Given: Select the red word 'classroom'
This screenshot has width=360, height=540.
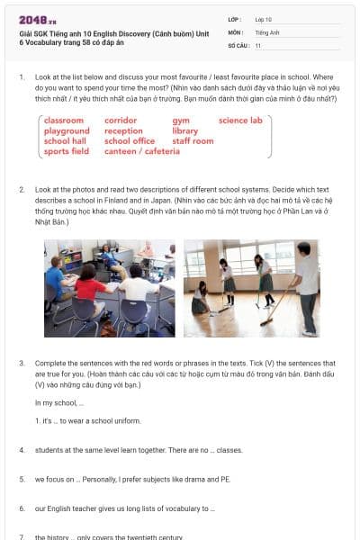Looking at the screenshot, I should [64, 121].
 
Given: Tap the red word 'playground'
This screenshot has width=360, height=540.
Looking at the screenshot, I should [67, 131].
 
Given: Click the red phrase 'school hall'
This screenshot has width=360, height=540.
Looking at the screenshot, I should [65, 141].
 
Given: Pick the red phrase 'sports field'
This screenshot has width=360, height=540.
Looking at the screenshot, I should [67, 152].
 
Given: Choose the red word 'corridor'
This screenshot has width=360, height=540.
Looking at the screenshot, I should [121, 121].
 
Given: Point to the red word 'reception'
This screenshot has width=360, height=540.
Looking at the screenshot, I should [123, 131].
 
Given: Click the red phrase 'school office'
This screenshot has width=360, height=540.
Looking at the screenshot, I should [130, 141].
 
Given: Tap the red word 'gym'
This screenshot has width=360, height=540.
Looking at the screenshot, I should [181, 121].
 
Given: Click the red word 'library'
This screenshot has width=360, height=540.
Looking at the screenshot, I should [184, 131].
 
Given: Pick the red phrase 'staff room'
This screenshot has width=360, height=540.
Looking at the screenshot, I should [193, 141].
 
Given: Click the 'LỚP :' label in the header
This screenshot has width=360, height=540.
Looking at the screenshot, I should [235, 18].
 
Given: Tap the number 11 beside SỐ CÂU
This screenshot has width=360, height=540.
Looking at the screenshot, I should [258, 44].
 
